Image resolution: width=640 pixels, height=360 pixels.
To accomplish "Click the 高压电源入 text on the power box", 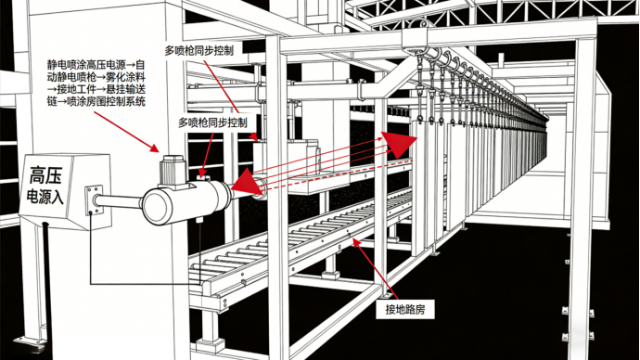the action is pos(45,186).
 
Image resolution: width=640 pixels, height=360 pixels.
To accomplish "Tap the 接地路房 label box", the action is pos(405,309).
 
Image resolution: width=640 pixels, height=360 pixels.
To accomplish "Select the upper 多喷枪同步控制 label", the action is pos(199,50).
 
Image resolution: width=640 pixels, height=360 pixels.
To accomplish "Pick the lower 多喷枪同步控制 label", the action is pos(212,122).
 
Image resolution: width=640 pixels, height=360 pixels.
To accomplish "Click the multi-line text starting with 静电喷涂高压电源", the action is pos(96,83).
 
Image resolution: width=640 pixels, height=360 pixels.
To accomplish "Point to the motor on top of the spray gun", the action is pos(174,172).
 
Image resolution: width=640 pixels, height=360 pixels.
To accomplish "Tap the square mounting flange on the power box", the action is pos(94,200).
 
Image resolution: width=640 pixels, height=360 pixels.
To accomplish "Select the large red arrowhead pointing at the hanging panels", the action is pos(399,143).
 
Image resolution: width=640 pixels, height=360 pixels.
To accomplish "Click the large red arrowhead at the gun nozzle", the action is pos(247,183).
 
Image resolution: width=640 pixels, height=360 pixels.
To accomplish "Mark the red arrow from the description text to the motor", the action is pos(127,132).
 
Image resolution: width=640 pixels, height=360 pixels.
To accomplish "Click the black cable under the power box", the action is pos(46,285).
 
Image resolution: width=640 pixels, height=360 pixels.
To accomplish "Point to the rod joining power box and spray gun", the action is pos(119,201).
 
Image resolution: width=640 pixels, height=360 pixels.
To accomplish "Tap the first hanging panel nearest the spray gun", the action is pos(419,184).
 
